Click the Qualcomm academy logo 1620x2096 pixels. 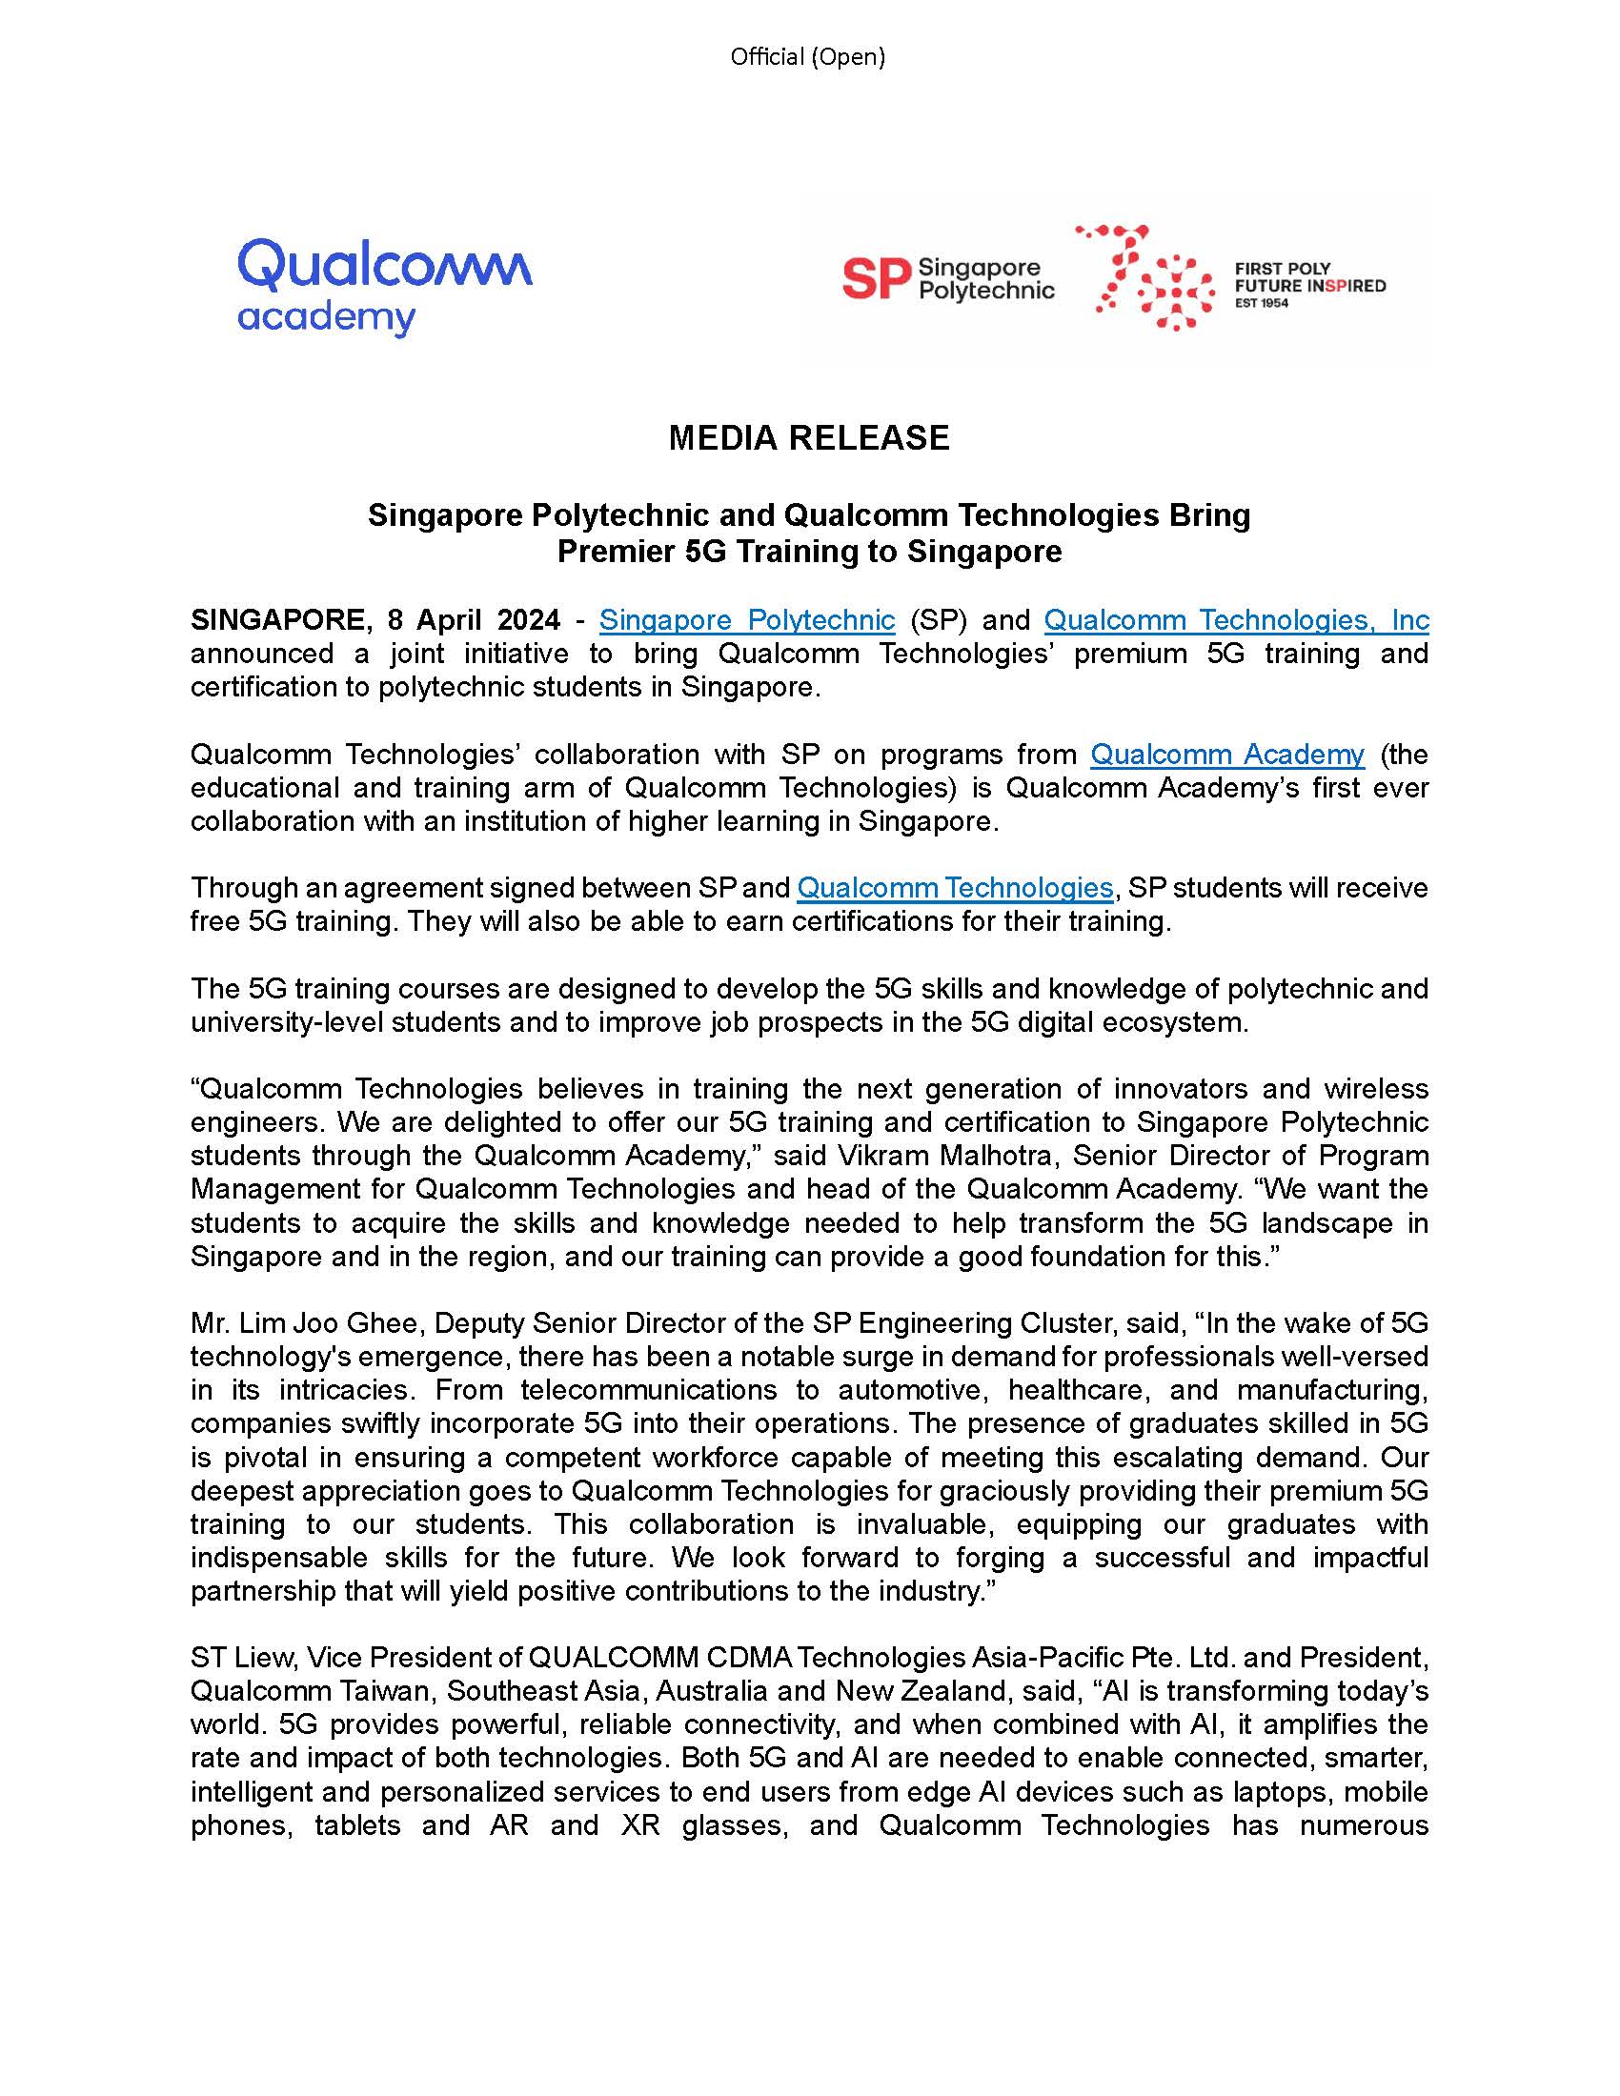click(x=384, y=286)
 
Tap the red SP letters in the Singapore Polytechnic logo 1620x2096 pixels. click(x=876, y=280)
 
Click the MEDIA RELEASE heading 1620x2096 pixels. click(x=808, y=437)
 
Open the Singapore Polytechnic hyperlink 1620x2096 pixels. click(x=747, y=620)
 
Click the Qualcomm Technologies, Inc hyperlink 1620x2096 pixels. click(x=1236, y=620)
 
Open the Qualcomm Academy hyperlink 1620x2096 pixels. click(x=1226, y=755)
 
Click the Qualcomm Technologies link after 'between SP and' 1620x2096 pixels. click(x=954, y=888)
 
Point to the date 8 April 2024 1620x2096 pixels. click(x=474, y=620)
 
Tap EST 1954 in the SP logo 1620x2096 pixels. click(x=1261, y=303)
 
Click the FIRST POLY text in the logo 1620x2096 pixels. click(x=1281, y=269)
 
